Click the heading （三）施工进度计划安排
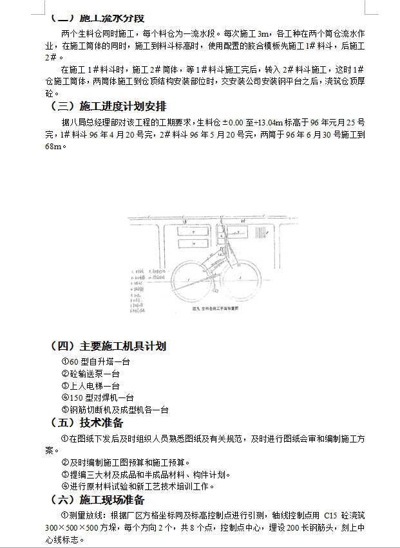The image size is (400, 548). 108,106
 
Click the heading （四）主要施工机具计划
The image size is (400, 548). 108,346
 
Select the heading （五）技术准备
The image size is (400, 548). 86,423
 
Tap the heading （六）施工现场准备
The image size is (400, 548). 97,500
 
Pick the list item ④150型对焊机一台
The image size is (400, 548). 97,397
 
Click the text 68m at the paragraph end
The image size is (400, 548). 53,147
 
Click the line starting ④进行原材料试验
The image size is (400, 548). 138,486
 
